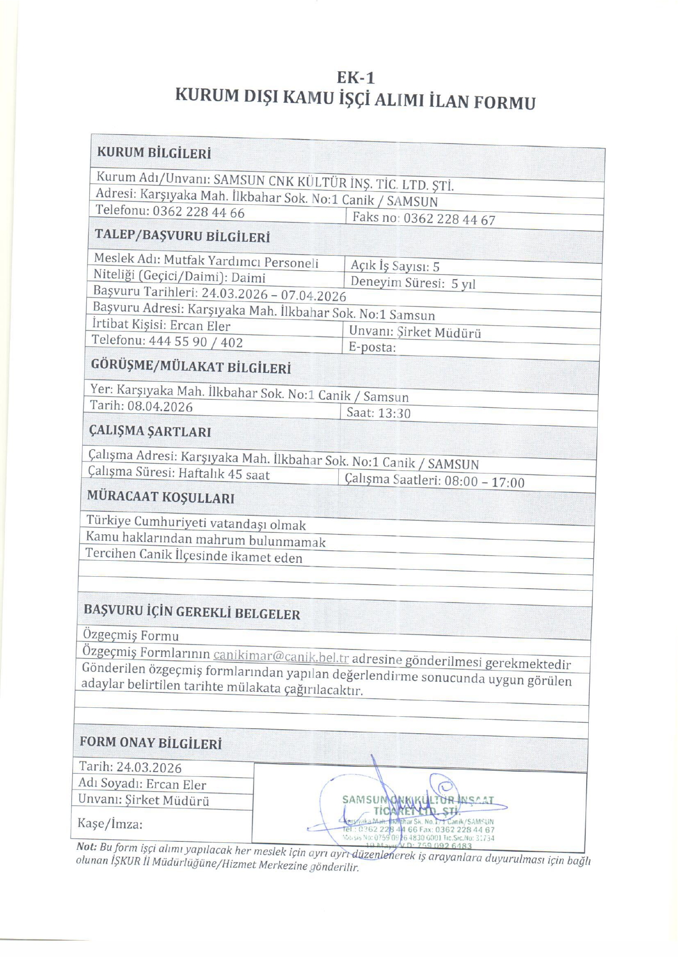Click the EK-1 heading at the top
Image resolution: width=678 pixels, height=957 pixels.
355,78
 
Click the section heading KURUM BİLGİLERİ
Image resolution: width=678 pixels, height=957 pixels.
154,153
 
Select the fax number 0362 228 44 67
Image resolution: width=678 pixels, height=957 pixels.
449,219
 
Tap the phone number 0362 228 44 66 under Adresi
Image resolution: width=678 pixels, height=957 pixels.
199,212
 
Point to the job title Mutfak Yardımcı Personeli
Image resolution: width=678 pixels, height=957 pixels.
241,262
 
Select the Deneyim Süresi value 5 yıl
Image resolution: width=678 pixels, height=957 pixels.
463,284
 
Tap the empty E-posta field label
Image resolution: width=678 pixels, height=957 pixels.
372,347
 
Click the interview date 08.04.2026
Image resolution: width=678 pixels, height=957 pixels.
160,407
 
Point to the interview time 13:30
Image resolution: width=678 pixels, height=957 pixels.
394,413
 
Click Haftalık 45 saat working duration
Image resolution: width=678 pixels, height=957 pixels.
224,474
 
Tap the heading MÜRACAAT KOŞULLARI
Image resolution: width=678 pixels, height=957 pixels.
161,497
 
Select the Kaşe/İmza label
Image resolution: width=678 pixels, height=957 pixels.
110,824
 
